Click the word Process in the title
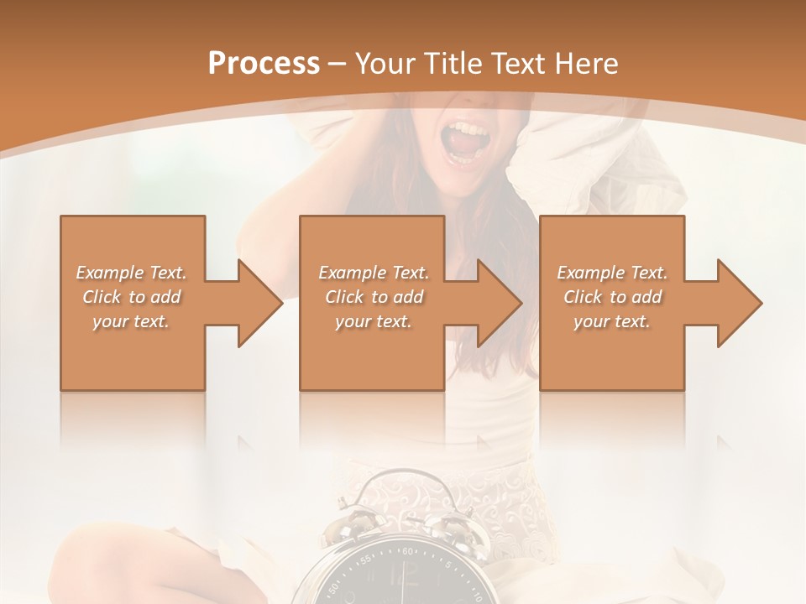(264, 63)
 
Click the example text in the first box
(131, 297)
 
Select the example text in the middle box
(373, 297)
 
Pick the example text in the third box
(612, 297)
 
